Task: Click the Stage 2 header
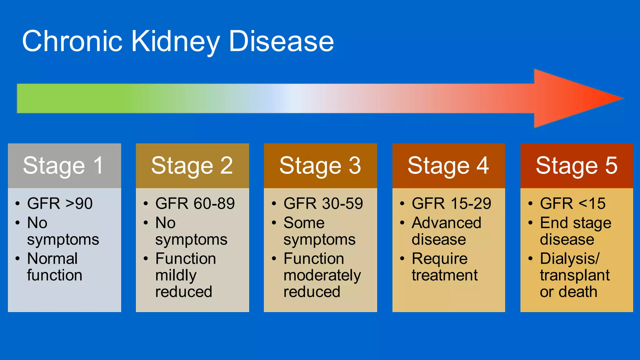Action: [x=192, y=165]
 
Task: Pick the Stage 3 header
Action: [x=320, y=165]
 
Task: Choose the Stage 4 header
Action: [x=448, y=165]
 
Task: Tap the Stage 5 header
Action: [x=577, y=165]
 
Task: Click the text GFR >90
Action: [x=60, y=203]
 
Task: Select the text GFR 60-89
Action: [x=195, y=203]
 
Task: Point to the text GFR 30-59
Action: [x=323, y=203]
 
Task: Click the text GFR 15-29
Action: [x=451, y=203]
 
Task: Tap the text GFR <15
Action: [x=572, y=203]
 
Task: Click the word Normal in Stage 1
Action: [x=52, y=258]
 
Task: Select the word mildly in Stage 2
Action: [x=176, y=276]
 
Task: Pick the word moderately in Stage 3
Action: [x=322, y=276]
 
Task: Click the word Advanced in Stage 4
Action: [x=446, y=223]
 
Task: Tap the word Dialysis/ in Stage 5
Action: [x=570, y=259]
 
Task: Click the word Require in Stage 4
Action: [x=439, y=259]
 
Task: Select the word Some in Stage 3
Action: [x=304, y=223]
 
